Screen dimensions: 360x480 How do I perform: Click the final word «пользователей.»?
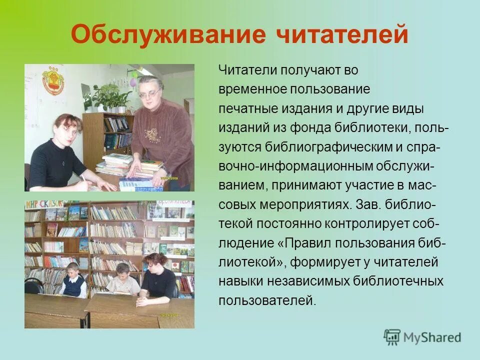pyautogui.click(x=267, y=301)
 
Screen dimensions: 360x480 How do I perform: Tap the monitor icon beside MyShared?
pyautogui.click(x=392, y=337)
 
